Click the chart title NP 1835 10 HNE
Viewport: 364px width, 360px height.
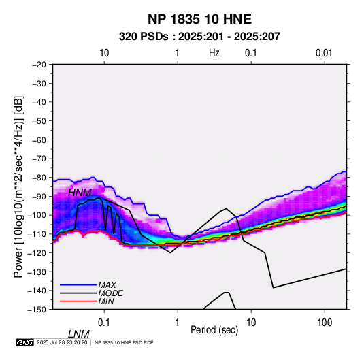199,19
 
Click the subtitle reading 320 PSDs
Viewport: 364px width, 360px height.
144,37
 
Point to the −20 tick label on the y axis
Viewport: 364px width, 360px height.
39,65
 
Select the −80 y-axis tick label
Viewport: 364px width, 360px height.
39,178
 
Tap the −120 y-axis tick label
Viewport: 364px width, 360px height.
37,252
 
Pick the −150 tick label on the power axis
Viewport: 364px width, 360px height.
37,310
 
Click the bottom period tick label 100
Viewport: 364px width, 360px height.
325,323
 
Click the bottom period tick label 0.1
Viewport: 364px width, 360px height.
104,323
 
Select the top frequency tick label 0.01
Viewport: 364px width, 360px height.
324,53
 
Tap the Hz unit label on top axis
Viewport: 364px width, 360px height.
214,53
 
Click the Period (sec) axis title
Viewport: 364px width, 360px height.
214,330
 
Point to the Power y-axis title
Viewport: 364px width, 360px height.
18,186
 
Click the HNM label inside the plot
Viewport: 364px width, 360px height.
80,193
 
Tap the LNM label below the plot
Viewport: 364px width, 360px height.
79,334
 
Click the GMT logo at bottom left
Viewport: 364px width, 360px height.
25,342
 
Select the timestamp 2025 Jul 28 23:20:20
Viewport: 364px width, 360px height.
62,342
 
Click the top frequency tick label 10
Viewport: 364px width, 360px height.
104,53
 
